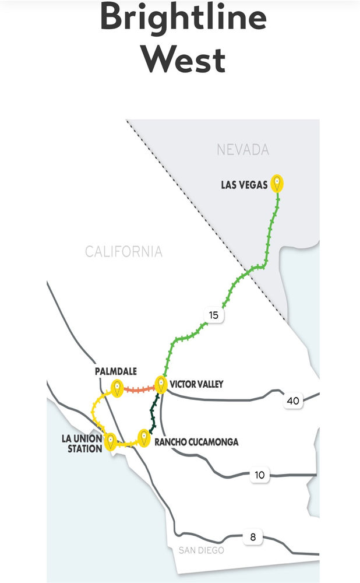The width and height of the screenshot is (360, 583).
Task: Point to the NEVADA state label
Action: [243, 150]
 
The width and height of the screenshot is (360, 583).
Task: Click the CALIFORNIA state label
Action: [123, 252]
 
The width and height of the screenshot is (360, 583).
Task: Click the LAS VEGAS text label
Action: [244, 185]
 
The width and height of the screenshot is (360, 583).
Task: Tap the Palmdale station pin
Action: [118, 387]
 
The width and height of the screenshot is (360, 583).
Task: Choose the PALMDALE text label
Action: [115, 371]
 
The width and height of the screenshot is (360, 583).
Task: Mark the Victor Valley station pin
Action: [161, 385]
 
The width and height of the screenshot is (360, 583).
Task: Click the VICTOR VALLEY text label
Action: [196, 384]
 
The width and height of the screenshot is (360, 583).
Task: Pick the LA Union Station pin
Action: [110, 441]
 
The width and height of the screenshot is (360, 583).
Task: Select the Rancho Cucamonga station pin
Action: [143, 437]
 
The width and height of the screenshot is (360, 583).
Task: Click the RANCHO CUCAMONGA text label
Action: [196, 442]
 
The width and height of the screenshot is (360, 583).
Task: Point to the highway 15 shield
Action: [213, 315]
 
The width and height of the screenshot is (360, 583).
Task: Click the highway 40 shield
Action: [293, 401]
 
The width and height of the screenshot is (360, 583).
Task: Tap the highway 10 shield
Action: [260, 475]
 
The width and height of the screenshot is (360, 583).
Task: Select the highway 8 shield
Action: [253, 537]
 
